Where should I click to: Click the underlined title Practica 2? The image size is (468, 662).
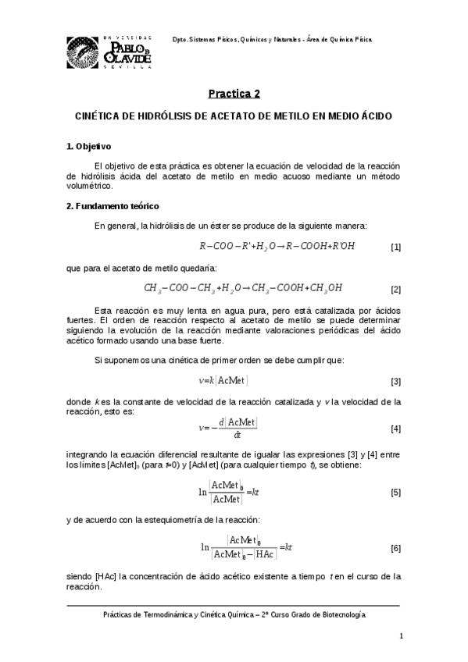(234, 94)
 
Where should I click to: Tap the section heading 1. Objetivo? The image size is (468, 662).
(89, 146)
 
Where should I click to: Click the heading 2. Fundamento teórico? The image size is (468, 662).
(113, 206)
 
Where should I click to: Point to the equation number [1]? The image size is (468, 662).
(395, 247)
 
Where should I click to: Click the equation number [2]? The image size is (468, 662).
(395, 290)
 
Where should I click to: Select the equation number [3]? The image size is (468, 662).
(395, 381)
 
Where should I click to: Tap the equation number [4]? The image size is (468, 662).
(395, 429)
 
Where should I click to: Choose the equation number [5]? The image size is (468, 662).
(395, 493)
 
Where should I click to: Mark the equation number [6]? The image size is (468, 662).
(395, 548)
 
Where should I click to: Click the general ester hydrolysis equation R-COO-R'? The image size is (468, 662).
(277, 247)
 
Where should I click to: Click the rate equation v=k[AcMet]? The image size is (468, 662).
(223, 380)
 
